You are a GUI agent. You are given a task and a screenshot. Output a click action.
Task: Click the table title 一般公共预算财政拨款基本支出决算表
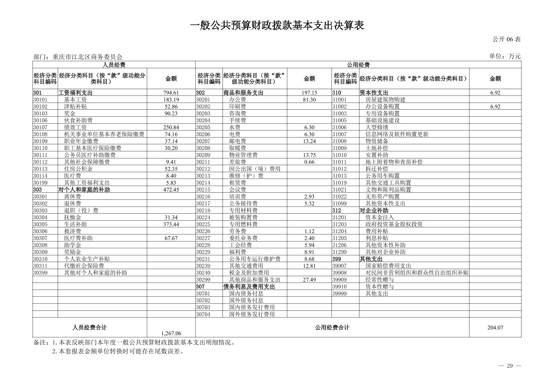point(277,25)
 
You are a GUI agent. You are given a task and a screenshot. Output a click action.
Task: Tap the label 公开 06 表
point(507,39)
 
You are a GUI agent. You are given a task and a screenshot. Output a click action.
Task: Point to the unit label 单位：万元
point(505,56)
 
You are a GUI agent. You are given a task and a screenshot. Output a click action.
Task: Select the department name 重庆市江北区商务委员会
point(87,57)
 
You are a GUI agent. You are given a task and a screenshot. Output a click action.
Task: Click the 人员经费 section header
point(114,65)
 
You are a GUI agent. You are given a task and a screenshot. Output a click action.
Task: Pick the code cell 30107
point(40,127)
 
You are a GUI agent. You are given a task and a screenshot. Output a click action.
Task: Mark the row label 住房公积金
point(78,169)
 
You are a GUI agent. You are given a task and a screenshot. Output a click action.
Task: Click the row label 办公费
point(237,100)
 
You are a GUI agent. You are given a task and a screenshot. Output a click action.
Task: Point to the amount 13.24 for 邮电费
point(309,141)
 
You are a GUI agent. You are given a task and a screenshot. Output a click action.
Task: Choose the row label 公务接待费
point(243,204)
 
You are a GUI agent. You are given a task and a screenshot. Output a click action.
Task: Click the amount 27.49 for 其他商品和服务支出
point(309,280)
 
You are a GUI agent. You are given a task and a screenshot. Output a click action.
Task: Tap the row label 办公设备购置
point(382,106)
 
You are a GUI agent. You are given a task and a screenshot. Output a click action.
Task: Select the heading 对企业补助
point(374,210)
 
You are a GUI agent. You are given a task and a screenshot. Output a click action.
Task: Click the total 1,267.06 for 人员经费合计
point(171,333)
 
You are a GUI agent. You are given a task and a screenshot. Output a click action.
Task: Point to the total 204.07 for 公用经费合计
point(495,327)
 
